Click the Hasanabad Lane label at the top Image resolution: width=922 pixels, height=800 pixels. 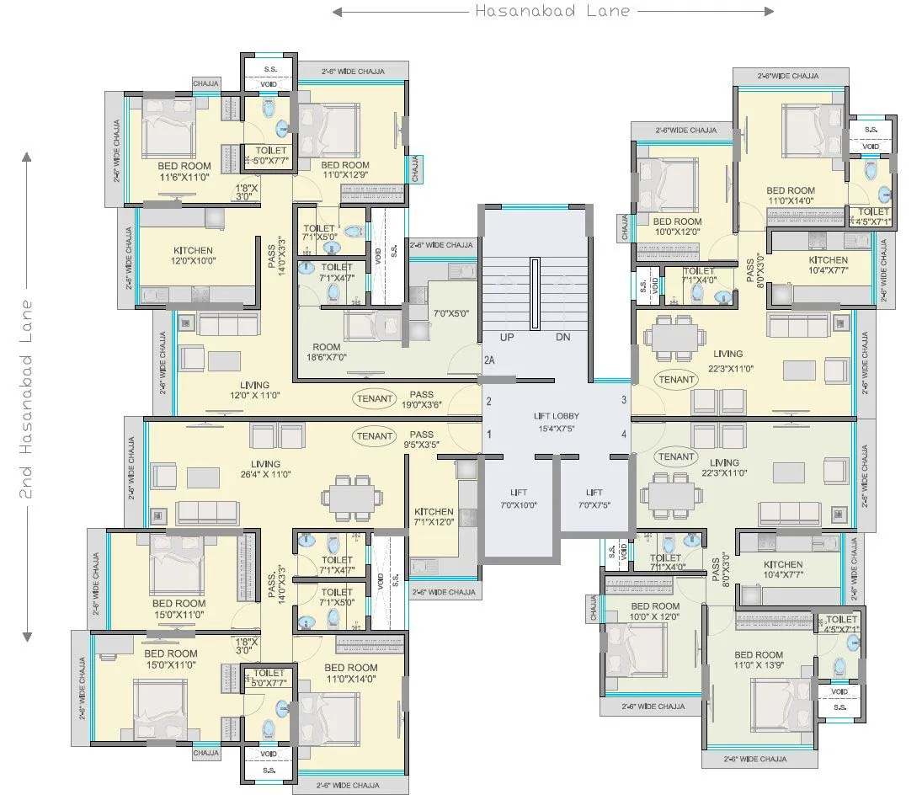tap(552, 11)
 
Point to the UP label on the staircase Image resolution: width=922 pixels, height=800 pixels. tap(507, 337)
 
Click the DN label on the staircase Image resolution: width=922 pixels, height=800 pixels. tap(563, 337)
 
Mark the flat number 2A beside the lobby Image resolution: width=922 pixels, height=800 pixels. tap(489, 360)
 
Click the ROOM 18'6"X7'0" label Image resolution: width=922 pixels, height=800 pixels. tap(327, 352)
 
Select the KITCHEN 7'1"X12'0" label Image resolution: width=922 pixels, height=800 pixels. tap(434, 516)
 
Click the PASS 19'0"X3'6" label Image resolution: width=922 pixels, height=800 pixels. tap(422, 399)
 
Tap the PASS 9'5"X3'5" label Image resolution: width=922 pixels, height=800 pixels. tap(422, 440)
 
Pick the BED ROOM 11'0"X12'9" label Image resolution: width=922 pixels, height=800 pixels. tap(345, 170)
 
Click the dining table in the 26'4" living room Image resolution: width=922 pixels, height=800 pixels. tap(353, 498)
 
